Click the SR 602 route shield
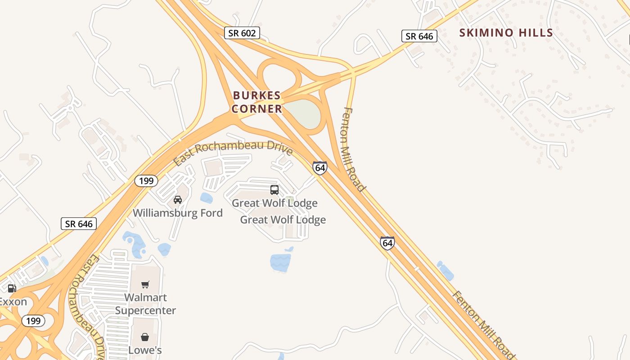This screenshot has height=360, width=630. [242, 33]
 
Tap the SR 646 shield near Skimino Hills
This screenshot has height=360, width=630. [419, 36]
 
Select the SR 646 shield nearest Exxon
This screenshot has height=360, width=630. [79, 224]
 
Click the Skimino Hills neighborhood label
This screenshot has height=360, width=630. [506, 33]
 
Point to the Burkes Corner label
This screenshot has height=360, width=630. [257, 102]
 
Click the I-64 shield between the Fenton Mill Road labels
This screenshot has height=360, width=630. [387, 243]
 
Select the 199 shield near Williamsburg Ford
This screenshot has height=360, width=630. [146, 181]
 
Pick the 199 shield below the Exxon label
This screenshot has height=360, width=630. [33, 321]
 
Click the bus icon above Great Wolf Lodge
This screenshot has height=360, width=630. [274, 190]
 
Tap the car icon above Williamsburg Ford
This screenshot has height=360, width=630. [178, 200]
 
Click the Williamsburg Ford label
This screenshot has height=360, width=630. [178, 213]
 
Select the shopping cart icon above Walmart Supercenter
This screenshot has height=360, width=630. [145, 284]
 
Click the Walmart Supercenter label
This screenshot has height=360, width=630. [145, 304]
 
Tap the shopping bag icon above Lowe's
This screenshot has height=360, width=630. [145, 337]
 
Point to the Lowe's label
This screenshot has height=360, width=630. [145, 350]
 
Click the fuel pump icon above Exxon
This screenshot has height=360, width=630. [12, 288]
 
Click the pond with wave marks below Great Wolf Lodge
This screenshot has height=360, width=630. [280, 262]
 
